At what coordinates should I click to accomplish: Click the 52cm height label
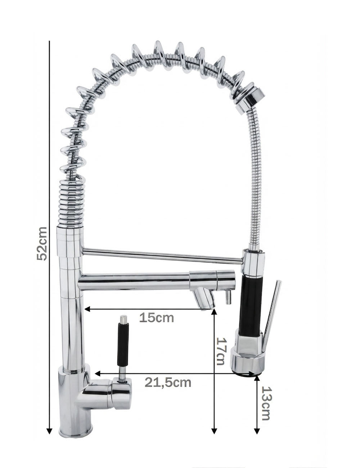point(42,244)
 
